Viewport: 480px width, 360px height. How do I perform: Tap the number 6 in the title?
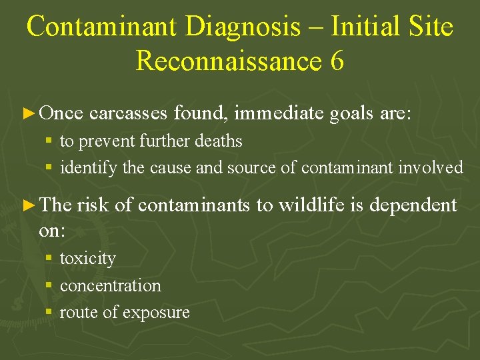pos(337,61)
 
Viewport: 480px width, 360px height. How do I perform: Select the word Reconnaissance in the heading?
pos(229,61)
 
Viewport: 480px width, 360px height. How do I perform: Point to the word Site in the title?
pos(429,27)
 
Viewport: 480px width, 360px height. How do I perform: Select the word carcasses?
pos(128,115)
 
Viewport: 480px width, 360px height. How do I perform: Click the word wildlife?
pos(312,206)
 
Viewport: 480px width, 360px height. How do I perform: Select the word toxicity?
pos(87,259)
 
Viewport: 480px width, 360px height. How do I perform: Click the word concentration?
pos(111,285)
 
